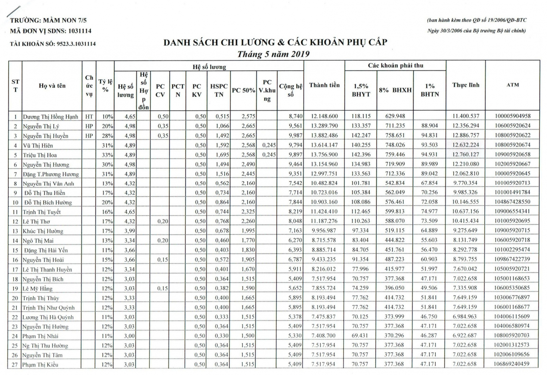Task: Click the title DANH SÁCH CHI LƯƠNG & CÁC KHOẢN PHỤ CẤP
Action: click(x=275, y=42)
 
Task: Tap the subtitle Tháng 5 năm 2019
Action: click(x=273, y=54)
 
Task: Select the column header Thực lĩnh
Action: click(x=466, y=85)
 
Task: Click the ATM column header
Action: click(x=512, y=85)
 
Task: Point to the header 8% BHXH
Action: click(x=395, y=90)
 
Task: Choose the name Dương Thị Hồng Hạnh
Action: click(x=51, y=117)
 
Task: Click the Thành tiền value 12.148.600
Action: click(x=324, y=116)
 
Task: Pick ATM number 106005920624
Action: click(x=512, y=126)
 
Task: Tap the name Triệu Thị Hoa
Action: click(x=40, y=155)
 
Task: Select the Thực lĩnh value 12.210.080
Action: click(x=466, y=164)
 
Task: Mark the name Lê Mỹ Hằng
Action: click(x=38, y=289)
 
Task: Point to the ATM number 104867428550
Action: click(x=512, y=202)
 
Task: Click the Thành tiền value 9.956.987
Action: click(x=324, y=230)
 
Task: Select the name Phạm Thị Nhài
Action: click(x=40, y=336)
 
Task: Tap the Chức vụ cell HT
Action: click(x=89, y=117)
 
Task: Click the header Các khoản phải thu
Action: click(x=395, y=66)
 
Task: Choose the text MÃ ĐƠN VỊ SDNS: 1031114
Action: click(x=51, y=31)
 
